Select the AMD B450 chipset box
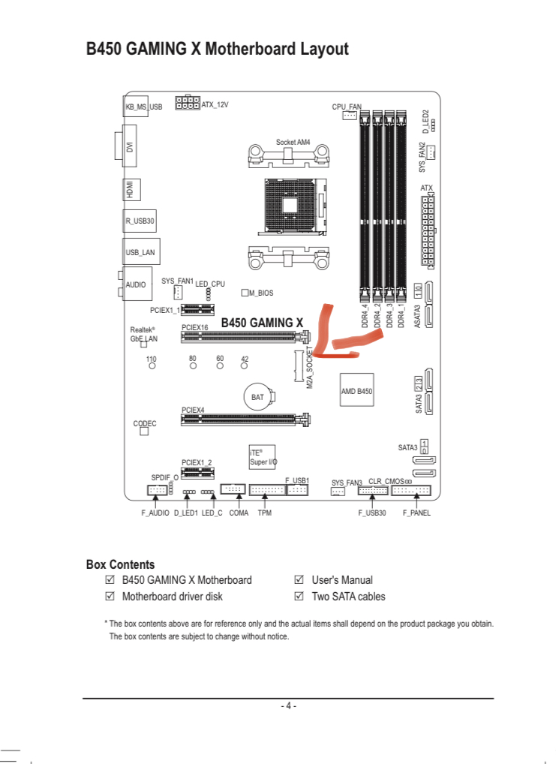[356, 390]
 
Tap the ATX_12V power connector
[188, 103]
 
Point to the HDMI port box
[131, 190]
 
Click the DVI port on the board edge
[126, 146]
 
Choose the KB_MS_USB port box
[128, 107]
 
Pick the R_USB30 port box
[140, 221]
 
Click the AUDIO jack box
[137, 284]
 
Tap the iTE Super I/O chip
[262, 457]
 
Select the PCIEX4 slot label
[193, 411]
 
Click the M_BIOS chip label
[261, 293]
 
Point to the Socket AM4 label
[293, 143]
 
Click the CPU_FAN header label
[347, 107]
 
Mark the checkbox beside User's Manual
[299, 579]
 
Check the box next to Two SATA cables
[299, 596]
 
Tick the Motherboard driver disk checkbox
[110, 596]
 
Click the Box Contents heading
[120, 564]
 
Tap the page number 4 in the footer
[288, 705]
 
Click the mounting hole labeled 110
[152, 365]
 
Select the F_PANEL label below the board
[416, 513]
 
